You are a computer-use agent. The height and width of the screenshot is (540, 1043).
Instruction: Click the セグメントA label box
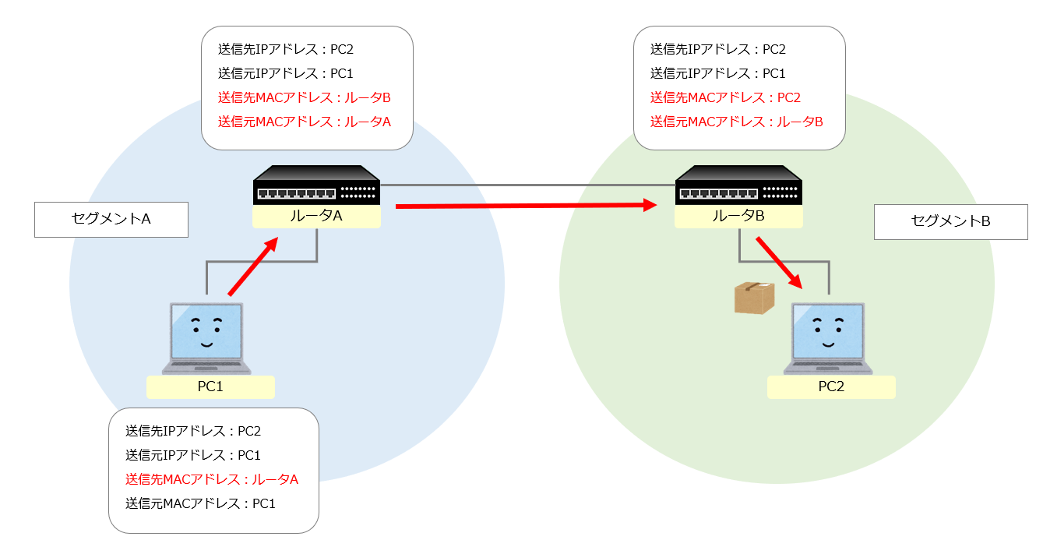pos(111,220)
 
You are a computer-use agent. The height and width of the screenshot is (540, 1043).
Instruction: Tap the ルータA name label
pos(316,217)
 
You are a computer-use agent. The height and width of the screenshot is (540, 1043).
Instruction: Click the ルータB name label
pos(738,217)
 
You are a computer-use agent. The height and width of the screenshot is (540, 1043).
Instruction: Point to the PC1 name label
pos(210,386)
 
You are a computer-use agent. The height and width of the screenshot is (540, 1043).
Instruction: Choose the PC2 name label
pos(831,386)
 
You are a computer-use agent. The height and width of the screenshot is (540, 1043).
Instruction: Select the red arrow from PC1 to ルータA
pos(253,267)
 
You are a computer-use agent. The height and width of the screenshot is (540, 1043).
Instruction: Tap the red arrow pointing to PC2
pos(778,262)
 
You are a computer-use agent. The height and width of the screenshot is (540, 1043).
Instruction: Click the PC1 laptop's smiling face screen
pos(206,330)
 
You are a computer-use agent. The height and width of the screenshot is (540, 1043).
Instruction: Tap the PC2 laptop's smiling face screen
pos(828,330)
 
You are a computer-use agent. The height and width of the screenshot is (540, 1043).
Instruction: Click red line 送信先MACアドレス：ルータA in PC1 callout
pos(212,479)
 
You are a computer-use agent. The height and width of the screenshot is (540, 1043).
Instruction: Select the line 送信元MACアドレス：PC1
pos(200,503)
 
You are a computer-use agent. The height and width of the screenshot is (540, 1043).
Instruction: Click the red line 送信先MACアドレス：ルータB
pos(304,97)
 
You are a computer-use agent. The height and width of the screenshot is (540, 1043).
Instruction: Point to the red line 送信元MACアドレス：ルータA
pos(304,122)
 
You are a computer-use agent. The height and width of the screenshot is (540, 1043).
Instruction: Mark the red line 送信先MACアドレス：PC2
pos(725,97)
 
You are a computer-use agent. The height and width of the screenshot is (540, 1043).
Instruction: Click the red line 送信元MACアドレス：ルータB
pos(736,122)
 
